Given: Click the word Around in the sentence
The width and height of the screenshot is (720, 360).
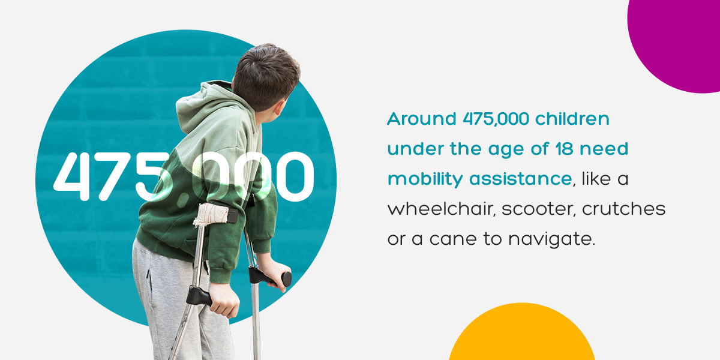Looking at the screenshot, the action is click(422, 119).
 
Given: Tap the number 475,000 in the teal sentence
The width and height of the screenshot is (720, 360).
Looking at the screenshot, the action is click(496, 119).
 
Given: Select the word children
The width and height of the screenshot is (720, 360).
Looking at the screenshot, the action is click(572, 119).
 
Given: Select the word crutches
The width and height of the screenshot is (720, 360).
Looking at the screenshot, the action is click(623, 209).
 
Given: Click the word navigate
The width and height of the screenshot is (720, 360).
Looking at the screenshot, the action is click(552, 240).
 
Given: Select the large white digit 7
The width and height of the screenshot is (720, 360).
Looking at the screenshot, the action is click(114, 176).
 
